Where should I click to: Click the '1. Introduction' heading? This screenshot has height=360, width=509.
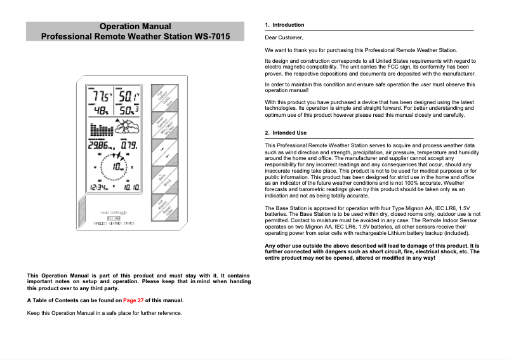coord(284,25)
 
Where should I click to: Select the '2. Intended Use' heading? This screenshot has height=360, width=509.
coord(286,133)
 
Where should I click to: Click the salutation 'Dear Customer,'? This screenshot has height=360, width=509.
coord(284,38)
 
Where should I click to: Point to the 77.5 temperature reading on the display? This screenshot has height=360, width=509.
coord(101,96)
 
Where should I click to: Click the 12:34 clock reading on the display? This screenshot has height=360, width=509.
coord(99,188)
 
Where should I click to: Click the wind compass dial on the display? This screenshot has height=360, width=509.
coord(115,166)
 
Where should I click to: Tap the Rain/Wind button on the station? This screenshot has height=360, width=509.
coord(163,180)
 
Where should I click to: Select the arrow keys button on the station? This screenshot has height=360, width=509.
coord(163,152)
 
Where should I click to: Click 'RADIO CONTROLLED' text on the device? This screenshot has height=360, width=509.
coord(114,213)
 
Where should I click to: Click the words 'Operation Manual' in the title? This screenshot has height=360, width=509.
coord(135,27)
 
